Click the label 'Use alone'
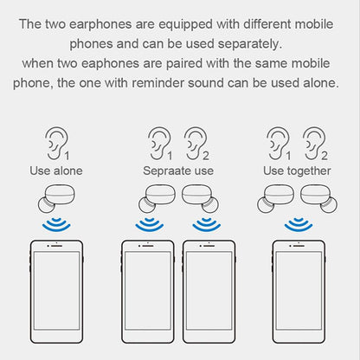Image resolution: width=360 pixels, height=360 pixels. pyautogui.click(x=56, y=170)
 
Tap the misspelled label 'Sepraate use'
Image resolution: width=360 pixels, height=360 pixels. pyautogui.click(x=178, y=170)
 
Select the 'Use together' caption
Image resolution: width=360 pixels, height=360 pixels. pyautogui.click(x=297, y=170)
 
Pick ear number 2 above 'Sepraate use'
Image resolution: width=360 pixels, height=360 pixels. pyautogui.click(x=196, y=142)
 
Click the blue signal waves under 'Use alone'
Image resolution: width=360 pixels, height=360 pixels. pyautogui.click(x=56, y=226)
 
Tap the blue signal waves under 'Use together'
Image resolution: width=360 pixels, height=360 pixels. pyautogui.click(x=299, y=226)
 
